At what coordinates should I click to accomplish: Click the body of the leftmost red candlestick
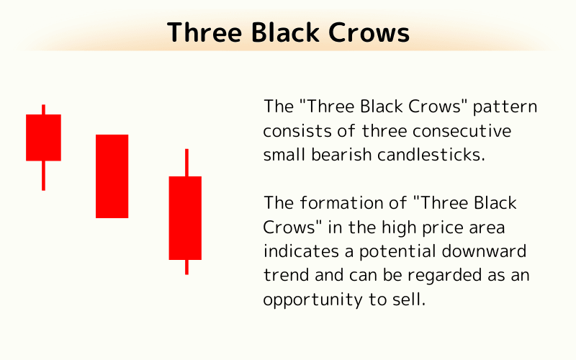[43, 137]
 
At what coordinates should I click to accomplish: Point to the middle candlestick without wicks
[112, 176]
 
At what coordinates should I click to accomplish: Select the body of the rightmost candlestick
[185, 217]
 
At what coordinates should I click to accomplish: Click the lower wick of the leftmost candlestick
[43, 175]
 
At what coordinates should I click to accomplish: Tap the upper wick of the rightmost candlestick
[186, 162]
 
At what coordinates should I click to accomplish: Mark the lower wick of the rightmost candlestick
[186, 266]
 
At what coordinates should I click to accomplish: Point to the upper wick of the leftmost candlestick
[43, 109]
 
